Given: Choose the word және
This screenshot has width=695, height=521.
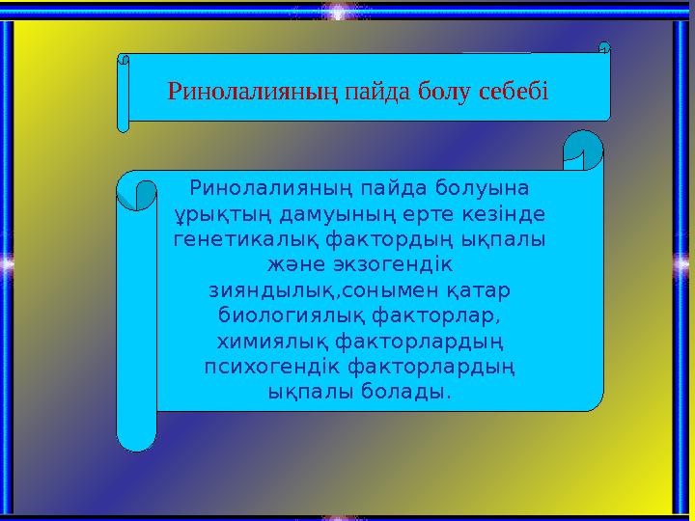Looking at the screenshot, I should click(x=289, y=263).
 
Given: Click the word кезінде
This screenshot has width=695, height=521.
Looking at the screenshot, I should click(x=504, y=211).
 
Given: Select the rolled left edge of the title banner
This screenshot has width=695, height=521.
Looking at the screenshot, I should click(x=123, y=93).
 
